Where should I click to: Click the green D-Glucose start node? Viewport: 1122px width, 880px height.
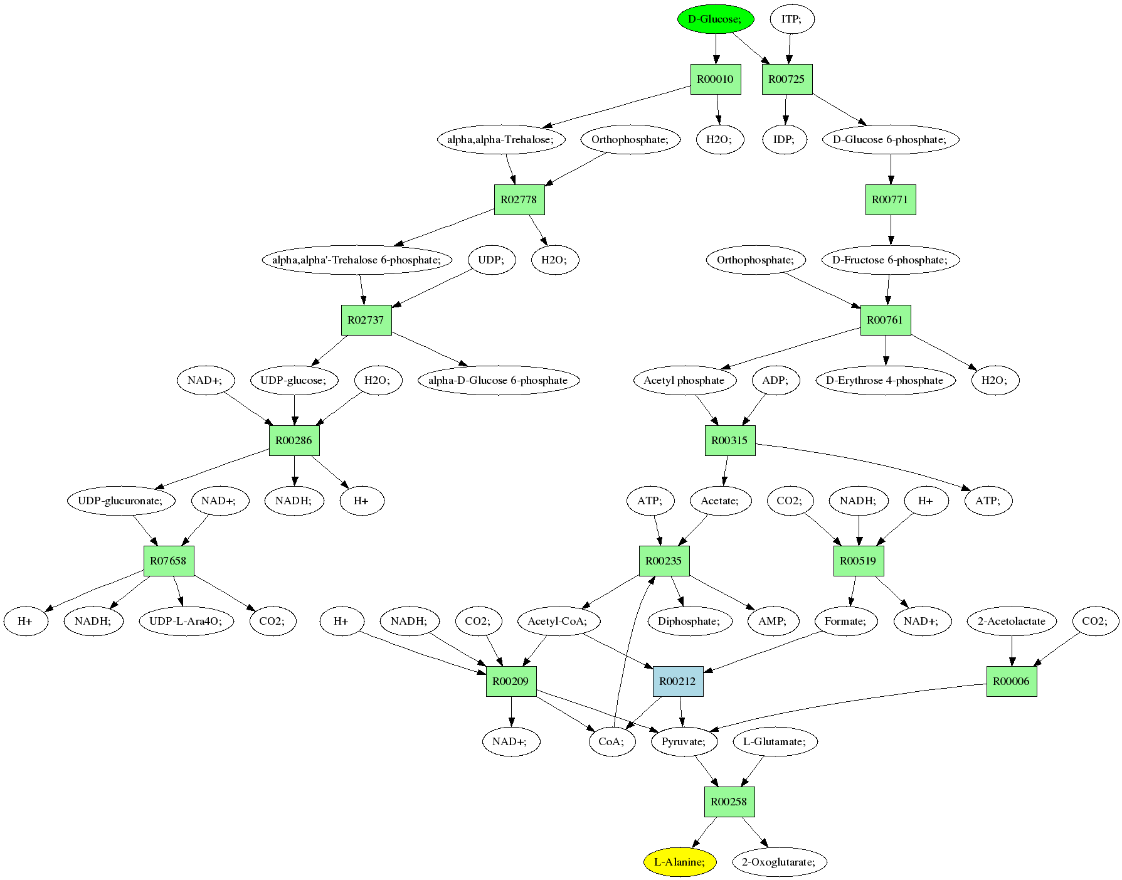(x=715, y=19)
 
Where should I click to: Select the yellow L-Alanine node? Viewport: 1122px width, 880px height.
(x=680, y=862)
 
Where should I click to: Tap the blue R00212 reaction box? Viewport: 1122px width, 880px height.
(x=678, y=681)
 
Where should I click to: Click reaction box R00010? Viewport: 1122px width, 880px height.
(x=716, y=79)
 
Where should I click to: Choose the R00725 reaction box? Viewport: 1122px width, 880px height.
(x=787, y=79)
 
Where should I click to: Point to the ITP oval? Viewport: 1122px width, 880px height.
(x=791, y=19)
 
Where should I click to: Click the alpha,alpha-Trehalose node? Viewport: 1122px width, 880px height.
(x=501, y=139)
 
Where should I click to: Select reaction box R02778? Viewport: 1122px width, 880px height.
(x=519, y=199)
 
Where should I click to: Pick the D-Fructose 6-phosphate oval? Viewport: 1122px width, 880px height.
(x=891, y=260)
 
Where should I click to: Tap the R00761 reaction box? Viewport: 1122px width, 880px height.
(x=885, y=320)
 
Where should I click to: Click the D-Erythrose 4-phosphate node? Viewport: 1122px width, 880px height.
(x=885, y=380)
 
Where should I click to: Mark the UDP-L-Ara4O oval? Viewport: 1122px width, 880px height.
(x=186, y=621)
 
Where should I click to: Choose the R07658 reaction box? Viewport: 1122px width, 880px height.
(x=169, y=561)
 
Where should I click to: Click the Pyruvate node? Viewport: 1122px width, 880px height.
(x=684, y=741)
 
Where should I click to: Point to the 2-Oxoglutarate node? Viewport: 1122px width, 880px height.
(x=779, y=862)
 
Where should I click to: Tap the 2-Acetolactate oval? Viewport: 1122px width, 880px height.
(x=1012, y=621)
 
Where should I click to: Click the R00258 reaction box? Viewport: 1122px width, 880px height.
(x=729, y=802)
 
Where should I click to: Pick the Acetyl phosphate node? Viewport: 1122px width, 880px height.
(x=684, y=380)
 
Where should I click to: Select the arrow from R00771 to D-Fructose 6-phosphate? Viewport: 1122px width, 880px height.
(x=891, y=230)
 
